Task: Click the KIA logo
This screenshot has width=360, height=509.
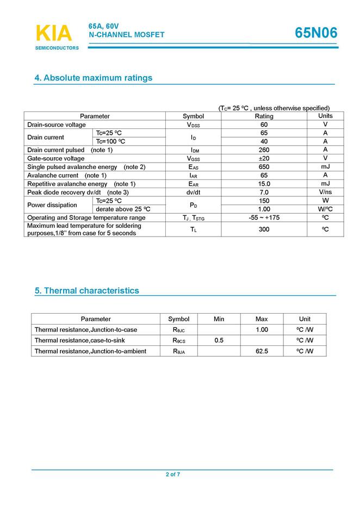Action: point(54,34)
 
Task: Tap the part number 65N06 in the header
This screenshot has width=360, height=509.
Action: point(316,33)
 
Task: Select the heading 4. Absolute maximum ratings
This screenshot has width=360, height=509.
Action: point(94,78)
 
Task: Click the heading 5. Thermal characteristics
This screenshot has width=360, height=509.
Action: point(87,290)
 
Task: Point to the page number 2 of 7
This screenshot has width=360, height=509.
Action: point(173,475)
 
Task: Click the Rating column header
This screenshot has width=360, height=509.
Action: point(264,116)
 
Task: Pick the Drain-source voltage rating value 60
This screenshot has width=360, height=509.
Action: point(264,125)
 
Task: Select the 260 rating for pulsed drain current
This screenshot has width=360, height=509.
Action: point(264,150)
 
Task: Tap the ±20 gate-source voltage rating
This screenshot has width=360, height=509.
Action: point(264,158)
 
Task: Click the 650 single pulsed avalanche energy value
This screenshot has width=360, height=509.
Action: point(264,167)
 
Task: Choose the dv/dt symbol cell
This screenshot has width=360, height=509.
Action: point(193,193)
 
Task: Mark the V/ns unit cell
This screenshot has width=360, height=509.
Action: point(325,193)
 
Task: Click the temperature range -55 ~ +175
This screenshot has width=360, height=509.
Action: point(264,218)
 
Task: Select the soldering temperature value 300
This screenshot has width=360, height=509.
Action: point(264,229)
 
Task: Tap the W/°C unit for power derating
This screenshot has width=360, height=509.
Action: point(325,209)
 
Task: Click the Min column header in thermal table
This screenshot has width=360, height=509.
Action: point(219,319)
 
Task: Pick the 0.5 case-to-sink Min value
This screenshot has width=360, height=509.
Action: point(219,340)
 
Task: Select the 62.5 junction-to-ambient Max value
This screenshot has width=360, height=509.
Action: point(262,351)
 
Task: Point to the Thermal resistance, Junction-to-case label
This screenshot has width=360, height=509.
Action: point(86,330)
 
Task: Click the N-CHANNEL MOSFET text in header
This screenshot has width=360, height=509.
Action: point(126,35)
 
